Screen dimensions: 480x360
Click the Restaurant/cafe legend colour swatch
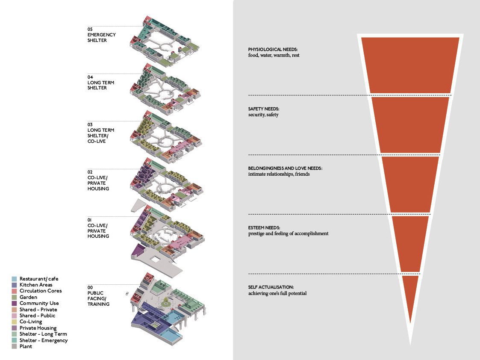(14, 279)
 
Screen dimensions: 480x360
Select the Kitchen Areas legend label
(36, 285)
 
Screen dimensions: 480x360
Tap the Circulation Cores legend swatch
(14, 291)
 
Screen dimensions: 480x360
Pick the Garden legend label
(28, 297)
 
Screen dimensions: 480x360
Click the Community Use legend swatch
(14, 304)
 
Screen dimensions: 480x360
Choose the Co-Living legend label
(31, 322)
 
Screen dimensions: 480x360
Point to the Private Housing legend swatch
(14, 328)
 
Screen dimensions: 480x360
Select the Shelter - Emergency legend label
(44, 340)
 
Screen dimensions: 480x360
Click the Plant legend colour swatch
(14, 346)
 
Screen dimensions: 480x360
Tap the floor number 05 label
(90, 30)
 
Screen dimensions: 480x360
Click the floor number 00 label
(90, 287)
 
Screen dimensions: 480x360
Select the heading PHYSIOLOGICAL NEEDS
(273, 49)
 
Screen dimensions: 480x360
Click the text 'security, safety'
(263, 115)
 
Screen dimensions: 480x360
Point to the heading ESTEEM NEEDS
(264, 228)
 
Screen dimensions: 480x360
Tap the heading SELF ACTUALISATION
(271, 287)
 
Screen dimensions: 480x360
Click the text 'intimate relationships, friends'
(279, 174)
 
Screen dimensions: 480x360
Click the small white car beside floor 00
(127, 294)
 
